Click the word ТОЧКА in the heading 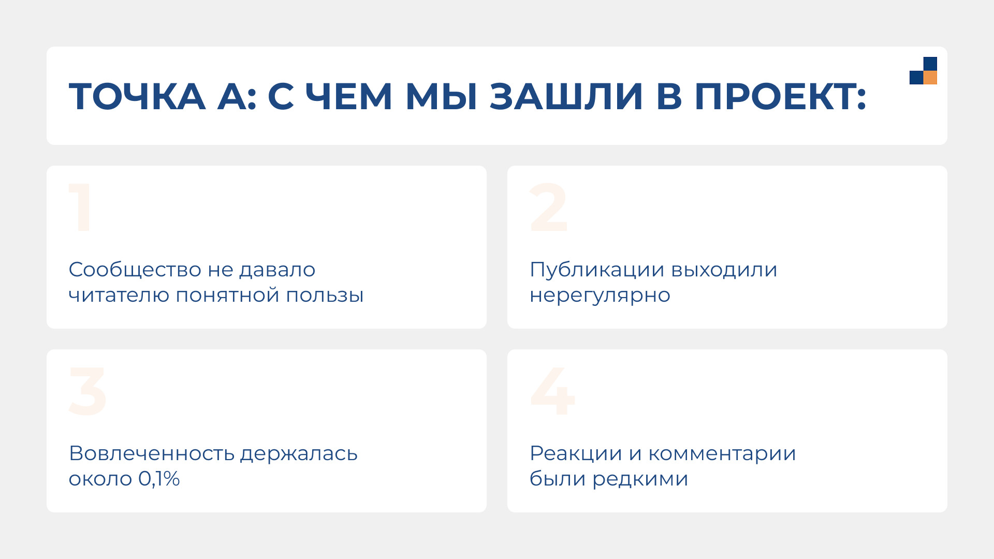pyautogui.click(x=137, y=97)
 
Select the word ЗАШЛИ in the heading pyautogui.click(x=566, y=97)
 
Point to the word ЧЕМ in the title pyautogui.click(x=348, y=97)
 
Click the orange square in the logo pyautogui.click(x=930, y=78)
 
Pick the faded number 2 pyautogui.click(x=549, y=208)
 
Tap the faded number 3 pyautogui.click(x=87, y=391)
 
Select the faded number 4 pyautogui.click(x=552, y=391)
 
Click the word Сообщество pyautogui.click(x=135, y=270)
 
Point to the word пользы pyautogui.click(x=325, y=295)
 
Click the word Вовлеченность pyautogui.click(x=152, y=453)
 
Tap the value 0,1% pyautogui.click(x=159, y=479)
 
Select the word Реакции pyautogui.click(x=576, y=454)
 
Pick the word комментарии pyautogui.click(x=722, y=454)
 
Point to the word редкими pyautogui.click(x=640, y=479)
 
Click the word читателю pyautogui.click(x=119, y=295)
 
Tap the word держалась pyautogui.click(x=299, y=454)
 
